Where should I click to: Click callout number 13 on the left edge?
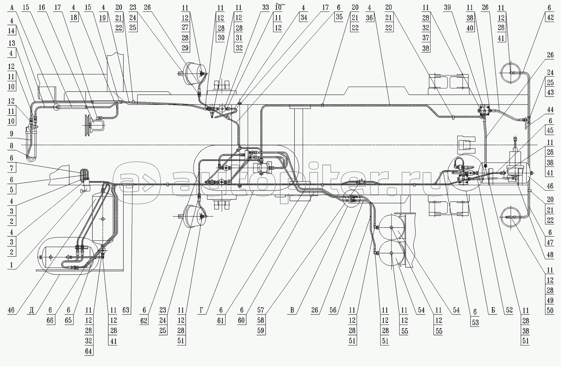pyautogui.click(x=12, y=43)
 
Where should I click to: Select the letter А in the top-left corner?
pyautogui.click(x=12, y=8)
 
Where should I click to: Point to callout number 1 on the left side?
pyautogui.click(x=12, y=265)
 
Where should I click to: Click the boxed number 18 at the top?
pyautogui.click(x=73, y=18)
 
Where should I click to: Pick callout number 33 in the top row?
pyautogui.click(x=265, y=8)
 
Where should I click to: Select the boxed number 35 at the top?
pyautogui.click(x=339, y=17)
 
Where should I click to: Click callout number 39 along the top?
pyautogui.click(x=447, y=8)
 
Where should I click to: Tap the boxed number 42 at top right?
pyautogui.click(x=550, y=17)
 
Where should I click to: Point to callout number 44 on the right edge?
pyautogui.click(x=550, y=110)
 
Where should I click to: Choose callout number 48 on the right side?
pyautogui.click(x=550, y=254)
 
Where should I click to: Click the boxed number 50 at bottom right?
pyautogui.click(x=550, y=310)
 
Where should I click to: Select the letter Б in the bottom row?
pyautogui.click(x=493, y=310)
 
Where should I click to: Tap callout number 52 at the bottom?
pyautogui.click(x=509, y=310)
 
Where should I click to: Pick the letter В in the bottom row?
pyautogui.click(x=292, y=310)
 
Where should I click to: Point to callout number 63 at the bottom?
pyautogui.click(x=126, y=310)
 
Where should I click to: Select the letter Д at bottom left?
pyautogui.click(x=32, y=310)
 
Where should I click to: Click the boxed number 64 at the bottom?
pyautogui.click(x=89, y=351)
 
